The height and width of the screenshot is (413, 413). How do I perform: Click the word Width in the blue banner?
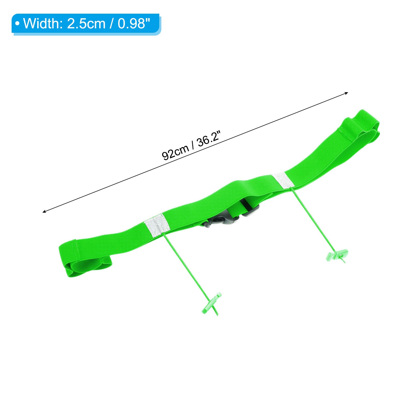click(x=41, y=23)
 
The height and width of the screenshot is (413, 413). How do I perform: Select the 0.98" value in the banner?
click(x=134, y=23)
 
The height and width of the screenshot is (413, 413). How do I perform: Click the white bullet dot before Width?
click(x=18, y=24)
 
